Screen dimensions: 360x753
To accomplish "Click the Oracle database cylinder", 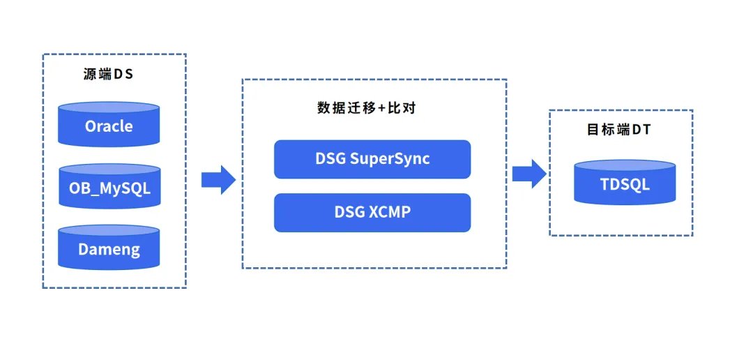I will [x=109, y=125].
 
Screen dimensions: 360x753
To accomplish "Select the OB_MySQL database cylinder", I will [x=109, y=186].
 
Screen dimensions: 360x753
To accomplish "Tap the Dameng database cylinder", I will [x=109, y=248].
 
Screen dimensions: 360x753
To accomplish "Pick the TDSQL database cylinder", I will [x=625, y=183].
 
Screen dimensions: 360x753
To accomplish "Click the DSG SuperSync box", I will [x=372, y=159].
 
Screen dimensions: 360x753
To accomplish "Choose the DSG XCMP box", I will [x=372, y=212].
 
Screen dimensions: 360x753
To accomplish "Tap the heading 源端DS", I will [x=108, y=75].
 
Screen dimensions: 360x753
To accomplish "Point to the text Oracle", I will [x=109, y=126].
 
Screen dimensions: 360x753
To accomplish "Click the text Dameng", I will [x=109, y=249].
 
